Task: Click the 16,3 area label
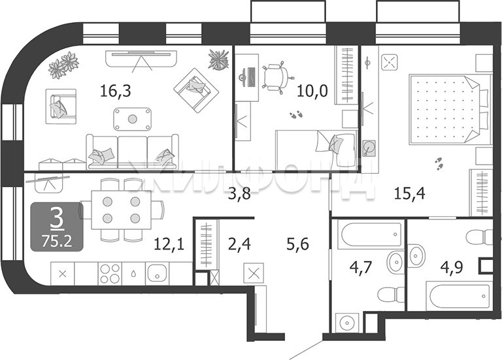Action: pos(116,91)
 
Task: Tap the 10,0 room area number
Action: pos(312,91)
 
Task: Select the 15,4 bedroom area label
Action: pos(409,193)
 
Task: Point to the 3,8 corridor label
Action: pos(239,193)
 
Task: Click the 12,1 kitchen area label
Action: pos(169,244)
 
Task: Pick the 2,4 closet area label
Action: pos(239,244)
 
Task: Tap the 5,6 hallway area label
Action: pos(297,244)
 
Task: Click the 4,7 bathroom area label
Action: pos(361,267)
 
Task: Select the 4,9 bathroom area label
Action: pos(452,267)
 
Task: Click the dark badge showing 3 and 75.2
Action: pos(57,226)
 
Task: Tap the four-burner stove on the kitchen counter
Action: pos(110,274)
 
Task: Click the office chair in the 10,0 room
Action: pos(276,77)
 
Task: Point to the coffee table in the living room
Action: pos(132,119)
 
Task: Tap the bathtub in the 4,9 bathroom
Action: pos(460,296)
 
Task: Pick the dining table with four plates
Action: pos(121,210)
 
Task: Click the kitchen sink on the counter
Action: pos(157,274)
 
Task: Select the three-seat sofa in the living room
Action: pos(133,152)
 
